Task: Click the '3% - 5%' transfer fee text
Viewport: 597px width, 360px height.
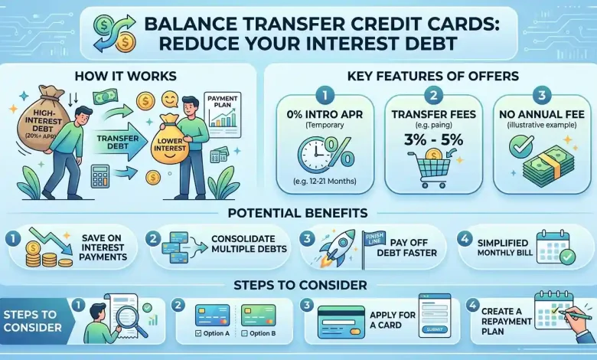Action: (x=433, y=140)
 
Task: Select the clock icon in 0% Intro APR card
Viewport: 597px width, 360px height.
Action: (x=313, y=155)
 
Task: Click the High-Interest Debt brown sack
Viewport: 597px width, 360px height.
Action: (x=38, y=120)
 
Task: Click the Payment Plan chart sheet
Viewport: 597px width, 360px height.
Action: (x=223, y=115)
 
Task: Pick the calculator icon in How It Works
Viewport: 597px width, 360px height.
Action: (x=100, y=175)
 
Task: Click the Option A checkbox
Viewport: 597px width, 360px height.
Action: (x=198, y=333)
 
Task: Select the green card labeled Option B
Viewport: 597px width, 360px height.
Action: (x=259, y=315)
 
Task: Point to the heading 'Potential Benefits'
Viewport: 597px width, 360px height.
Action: (x=298, y=213)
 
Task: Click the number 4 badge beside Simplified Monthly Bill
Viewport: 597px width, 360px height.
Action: (x=465, y=239)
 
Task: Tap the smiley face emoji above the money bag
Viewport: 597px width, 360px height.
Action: (x=170, y=99)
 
